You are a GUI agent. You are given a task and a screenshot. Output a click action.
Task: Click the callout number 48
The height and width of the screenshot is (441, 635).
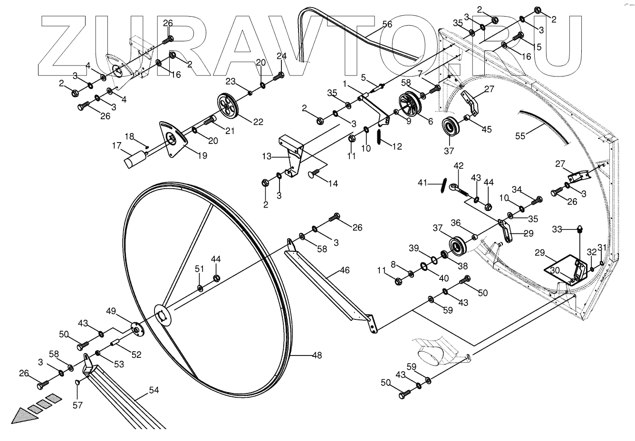(x=317, y=355)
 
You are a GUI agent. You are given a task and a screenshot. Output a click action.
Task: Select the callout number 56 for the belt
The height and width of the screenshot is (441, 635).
(x=387, y=24)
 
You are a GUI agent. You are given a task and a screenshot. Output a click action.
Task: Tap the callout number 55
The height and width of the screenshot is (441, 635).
(x=521, y=136)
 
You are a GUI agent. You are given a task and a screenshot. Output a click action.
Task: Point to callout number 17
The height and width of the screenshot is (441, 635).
(x=117, y=146)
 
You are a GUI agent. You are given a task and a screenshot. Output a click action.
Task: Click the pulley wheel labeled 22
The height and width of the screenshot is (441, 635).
(x=229, y=105)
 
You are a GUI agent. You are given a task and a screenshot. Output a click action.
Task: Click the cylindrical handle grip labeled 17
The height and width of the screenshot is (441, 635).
(x=135, y=159)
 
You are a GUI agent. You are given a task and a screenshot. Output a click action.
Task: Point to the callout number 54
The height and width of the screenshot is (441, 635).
(x=154, y=390)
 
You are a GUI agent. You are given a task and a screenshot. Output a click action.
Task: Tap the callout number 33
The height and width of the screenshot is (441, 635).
(x=557, y=230)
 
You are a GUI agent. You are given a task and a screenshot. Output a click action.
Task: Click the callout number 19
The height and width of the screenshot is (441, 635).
(x=202, y=155)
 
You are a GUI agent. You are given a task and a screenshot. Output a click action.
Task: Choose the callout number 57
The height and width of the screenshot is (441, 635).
(x=77, y=405)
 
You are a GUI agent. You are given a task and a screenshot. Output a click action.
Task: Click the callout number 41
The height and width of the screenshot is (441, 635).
(x=423, y=182)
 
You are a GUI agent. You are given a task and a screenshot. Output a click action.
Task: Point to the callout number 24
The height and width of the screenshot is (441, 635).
(x=282, y=56)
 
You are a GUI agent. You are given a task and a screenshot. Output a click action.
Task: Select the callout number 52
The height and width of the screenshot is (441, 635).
(x=136, y=354)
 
